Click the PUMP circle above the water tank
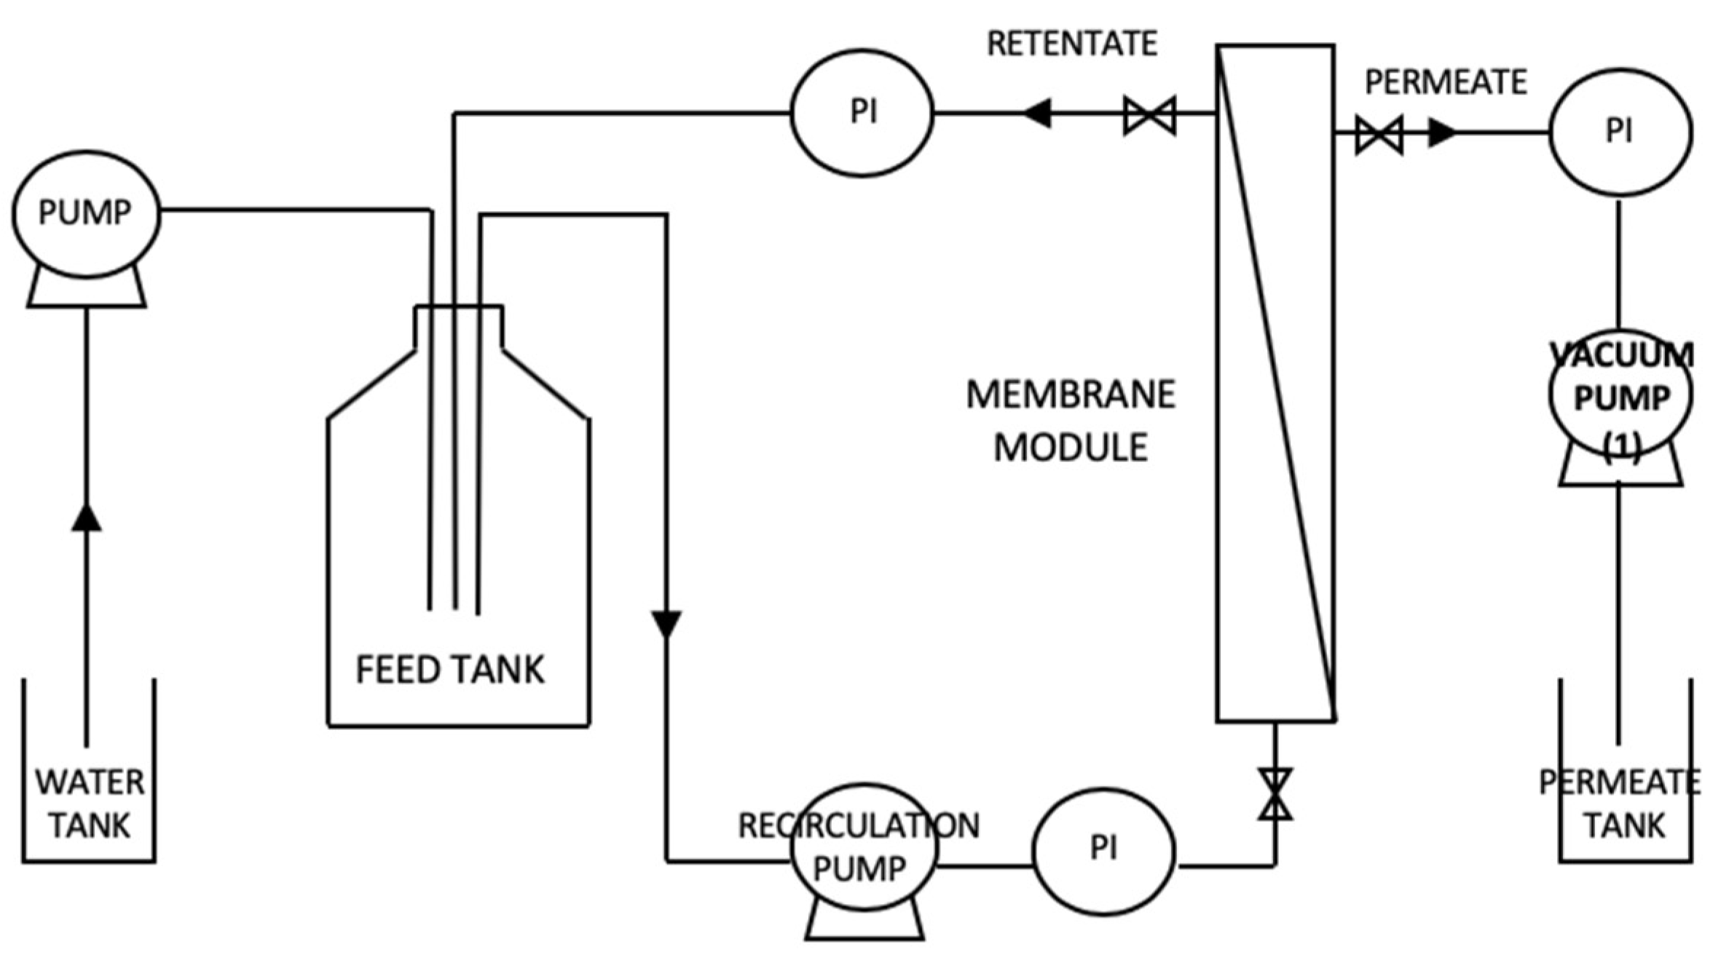85,213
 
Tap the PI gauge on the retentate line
862,113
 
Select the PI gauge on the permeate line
1620,132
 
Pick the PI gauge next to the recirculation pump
1103,849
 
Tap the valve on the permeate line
1379,135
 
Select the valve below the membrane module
1275,794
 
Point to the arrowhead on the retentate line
1037,114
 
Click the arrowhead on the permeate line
1441,133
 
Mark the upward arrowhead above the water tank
86,517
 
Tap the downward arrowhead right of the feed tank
666,624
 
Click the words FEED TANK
450,670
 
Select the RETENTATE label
1071,44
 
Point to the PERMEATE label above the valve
1445,82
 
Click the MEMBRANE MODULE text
1071,421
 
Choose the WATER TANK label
90,804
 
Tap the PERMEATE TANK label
1620,804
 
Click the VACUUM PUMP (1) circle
1620,397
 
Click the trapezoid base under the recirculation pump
865,921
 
